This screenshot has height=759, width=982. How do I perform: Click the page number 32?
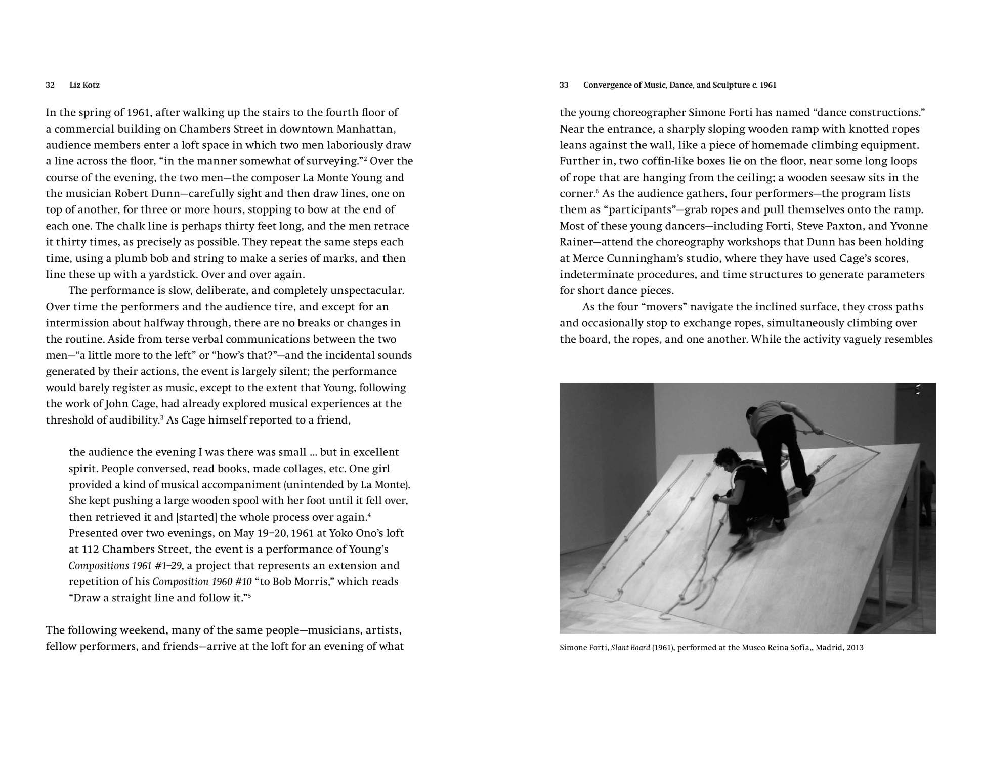click(50, 85)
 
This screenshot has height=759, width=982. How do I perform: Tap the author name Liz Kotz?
click(84, 85)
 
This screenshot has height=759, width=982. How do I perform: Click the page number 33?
click(564, 85)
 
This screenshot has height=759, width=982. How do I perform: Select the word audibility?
click(134, 420)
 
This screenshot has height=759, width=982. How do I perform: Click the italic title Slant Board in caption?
click(630, 648)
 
